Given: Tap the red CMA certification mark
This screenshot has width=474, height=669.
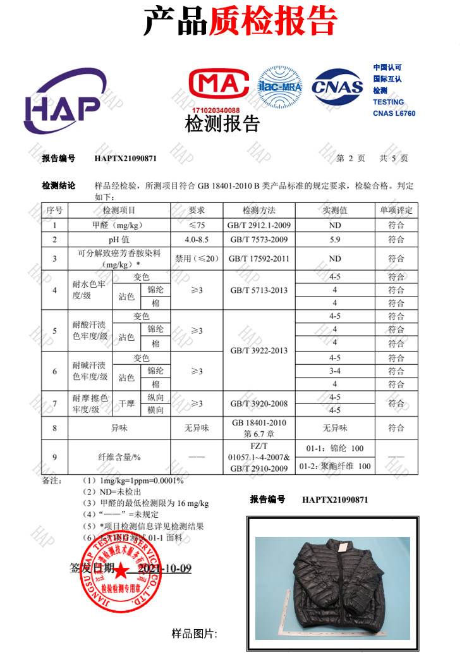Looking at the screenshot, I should tap(216, 86).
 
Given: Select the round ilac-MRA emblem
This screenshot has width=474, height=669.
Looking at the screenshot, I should tap(279, 87).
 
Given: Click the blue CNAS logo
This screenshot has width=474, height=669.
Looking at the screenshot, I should tap(337, 87).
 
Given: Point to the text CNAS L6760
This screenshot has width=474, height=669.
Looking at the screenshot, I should tap(394, 113).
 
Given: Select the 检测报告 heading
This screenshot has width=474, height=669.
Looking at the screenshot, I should tap(222, 123).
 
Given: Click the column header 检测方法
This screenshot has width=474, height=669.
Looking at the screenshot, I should tap(259, 210).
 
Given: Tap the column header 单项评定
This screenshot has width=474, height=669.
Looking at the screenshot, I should tap(396, 210).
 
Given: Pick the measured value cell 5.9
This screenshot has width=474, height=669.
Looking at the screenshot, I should tap(335, 240).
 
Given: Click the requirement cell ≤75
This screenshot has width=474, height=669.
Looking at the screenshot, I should tap(197, 225).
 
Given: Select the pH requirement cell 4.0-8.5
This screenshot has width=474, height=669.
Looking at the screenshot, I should tap(197, 240).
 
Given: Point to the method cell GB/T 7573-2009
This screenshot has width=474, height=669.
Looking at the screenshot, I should tap(259, 240).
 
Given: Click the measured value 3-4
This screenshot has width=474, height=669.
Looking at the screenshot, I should tap(335, 371).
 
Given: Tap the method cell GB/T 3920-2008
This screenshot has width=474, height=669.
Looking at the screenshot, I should tap(259, 403).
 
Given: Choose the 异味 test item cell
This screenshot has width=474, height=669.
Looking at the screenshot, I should tap(119, 428).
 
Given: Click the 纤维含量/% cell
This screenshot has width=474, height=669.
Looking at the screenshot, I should tap(119, 457).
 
